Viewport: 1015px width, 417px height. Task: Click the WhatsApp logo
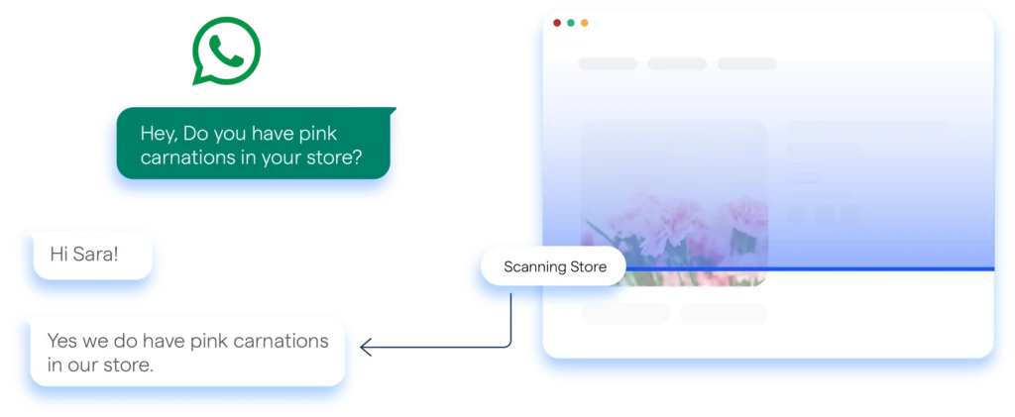[226, 51]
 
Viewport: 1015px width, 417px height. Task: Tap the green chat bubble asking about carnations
[252, 145]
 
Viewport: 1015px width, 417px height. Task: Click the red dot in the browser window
[557, 22]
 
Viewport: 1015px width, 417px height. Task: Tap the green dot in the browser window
[571, 22]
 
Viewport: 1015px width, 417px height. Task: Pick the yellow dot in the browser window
[585, 22]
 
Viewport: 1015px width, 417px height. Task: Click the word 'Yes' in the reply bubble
[62, 342]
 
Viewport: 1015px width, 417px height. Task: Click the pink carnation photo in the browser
[674, 203]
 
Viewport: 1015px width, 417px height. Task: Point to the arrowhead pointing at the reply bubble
[363, 347]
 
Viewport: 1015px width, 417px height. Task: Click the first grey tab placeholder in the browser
[608, 64]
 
